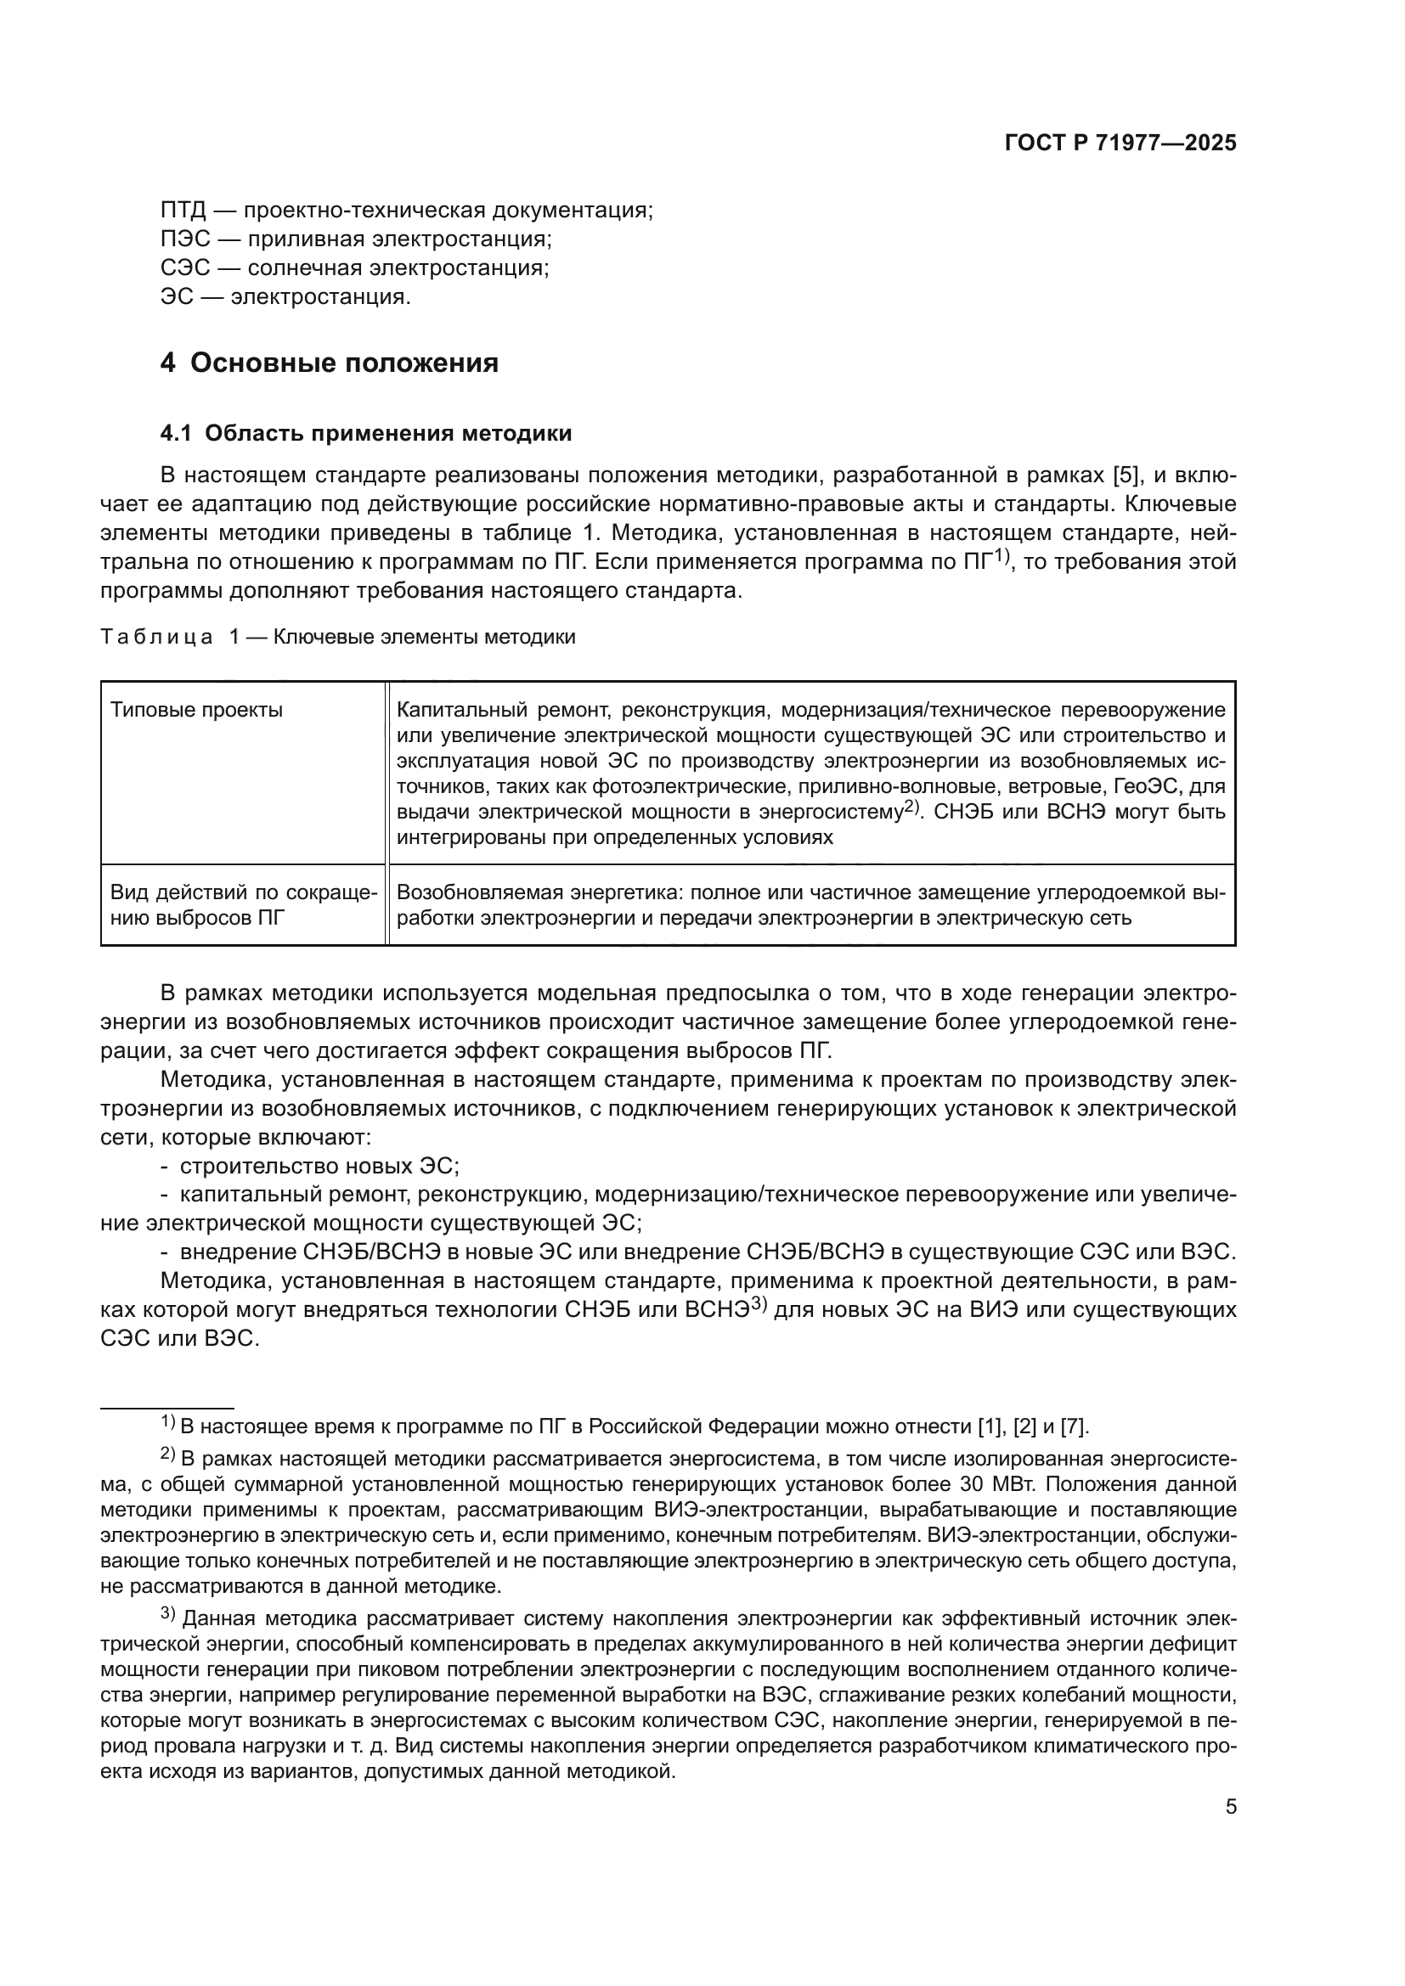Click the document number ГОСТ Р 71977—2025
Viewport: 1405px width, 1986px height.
1120,143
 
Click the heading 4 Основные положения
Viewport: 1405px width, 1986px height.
329,363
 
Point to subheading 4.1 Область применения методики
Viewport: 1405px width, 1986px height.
366,433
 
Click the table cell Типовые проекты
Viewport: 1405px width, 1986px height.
197,710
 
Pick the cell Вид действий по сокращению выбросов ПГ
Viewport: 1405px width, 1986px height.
243,905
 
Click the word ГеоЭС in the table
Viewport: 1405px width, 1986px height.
1142,786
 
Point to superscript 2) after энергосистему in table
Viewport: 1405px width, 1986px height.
909,807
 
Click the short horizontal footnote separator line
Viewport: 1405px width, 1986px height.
167,1408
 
